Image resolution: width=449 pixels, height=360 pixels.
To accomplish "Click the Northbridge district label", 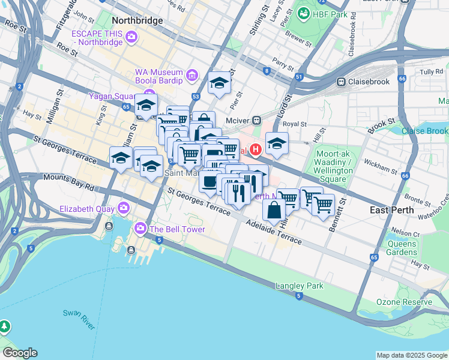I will click(x=137, y=20).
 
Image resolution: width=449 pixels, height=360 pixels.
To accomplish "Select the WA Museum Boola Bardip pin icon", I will click(x=191, y=76).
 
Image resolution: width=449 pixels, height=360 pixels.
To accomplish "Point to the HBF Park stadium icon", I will click(x=303, y=13).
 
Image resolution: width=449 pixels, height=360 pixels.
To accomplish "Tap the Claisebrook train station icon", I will click(x=341, y=82).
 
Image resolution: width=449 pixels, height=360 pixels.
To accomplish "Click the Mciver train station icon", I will click(x=256, y=119).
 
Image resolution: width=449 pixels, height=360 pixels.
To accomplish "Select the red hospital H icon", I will click(x=256, y=149).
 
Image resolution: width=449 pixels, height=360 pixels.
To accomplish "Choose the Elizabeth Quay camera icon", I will click(x=124, y=208).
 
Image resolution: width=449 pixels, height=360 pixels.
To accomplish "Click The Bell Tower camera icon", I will click(x=140, y=229).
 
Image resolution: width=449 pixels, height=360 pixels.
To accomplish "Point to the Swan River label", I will click(x=79, y=320).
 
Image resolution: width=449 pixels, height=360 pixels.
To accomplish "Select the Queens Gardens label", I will click(x=402, y=248).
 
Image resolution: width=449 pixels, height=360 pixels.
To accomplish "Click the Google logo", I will click(x=20, y=353).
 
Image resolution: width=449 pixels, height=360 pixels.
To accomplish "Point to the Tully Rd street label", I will click(x=431, y=72).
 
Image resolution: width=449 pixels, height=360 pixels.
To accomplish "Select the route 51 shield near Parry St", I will click(x=299, y=77).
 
